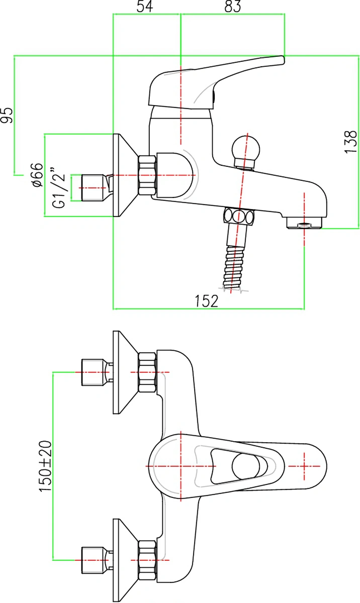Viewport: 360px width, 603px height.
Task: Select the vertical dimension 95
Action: point(7,115)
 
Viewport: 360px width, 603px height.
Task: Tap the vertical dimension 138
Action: point(350,142)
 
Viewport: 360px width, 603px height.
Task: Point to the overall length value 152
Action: point(206,301)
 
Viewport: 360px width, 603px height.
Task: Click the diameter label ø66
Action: point(37,175)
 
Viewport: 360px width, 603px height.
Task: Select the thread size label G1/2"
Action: point(59,188)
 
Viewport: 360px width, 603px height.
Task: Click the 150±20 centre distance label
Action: point(45,466)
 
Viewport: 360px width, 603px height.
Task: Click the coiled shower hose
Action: point(234,268)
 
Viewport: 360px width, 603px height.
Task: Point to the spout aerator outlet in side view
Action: point(304,223)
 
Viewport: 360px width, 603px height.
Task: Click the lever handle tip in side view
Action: point(282,59)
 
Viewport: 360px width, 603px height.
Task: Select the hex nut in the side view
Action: point(147,175)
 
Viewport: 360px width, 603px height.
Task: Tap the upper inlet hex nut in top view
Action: point(147,372)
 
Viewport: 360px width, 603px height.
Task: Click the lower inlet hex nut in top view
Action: point(147,560)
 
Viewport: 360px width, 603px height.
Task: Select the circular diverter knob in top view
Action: point(246,466)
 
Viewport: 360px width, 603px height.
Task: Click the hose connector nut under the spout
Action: point(238,216)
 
